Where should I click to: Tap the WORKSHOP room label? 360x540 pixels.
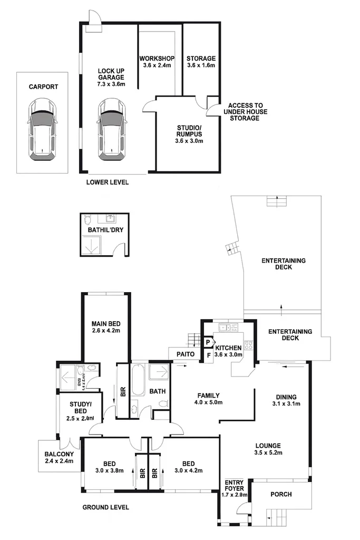(x=157, y=62)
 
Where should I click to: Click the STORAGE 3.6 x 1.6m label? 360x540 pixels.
(x=201, y=62)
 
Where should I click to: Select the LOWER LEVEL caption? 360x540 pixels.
(x=107, y=182)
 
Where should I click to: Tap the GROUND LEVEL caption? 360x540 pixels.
(x=105, y=507)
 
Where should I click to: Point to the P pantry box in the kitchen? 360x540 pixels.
(x=208, y=342)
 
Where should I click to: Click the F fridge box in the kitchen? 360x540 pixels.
(x=209, y=355)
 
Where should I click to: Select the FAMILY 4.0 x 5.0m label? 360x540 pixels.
(x=208, y=399)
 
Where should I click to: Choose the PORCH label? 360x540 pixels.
(x=280, y=494)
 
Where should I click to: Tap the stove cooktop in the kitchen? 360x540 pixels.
(x=249, y=346)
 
